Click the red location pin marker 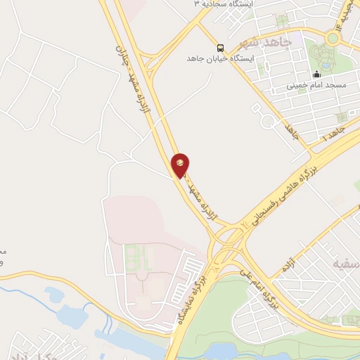tap(181, 165)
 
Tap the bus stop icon tap(221, 48)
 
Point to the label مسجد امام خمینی tap(316, 86)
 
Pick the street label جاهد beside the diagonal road tap(290, 130)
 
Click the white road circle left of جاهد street tap(268, 123)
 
